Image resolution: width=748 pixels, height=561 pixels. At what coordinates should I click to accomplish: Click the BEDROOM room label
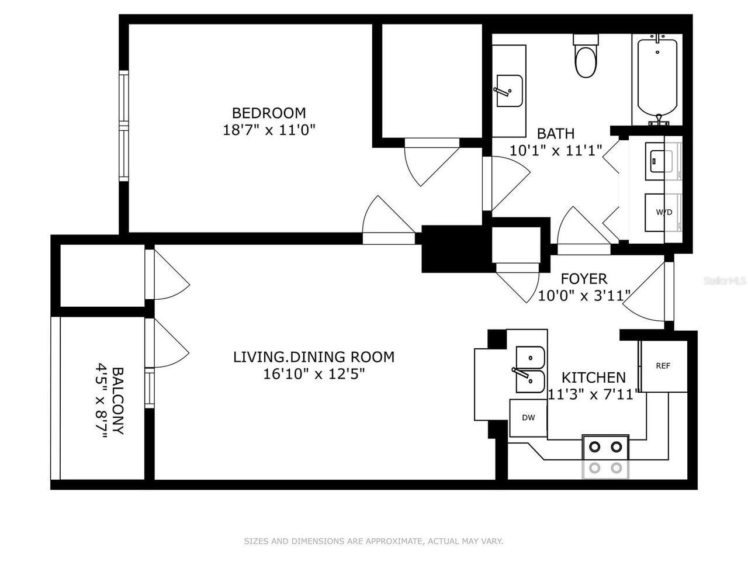click(269, 113)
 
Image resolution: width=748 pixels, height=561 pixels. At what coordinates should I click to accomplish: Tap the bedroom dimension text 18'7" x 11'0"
click(269, 130)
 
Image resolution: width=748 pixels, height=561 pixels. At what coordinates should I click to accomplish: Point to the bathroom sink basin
click(509, 91)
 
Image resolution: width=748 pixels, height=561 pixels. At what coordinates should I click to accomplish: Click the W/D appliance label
click(663, 212)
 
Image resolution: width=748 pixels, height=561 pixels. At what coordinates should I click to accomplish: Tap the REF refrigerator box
click(663, 366)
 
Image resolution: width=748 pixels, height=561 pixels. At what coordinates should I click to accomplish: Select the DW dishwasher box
click(528, 417)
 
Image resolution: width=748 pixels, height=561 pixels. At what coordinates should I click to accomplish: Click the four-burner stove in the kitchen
click(605, 457)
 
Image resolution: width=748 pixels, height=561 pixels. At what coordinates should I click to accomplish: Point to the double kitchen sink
click(529, 370)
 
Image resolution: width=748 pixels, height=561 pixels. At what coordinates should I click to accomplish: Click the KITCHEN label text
click(593, 378)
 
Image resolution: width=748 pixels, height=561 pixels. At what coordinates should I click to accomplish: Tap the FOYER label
click(584, 279)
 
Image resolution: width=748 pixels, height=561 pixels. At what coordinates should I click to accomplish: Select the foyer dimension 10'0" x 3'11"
click(581, 296)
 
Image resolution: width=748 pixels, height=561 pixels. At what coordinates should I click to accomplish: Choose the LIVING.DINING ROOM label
click(314, 356)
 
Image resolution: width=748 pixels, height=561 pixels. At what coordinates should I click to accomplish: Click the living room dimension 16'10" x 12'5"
click(314, 374)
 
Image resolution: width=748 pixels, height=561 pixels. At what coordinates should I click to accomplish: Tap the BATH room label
click(555, 133)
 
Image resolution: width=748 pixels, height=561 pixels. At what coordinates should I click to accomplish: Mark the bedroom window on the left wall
click(123, 126)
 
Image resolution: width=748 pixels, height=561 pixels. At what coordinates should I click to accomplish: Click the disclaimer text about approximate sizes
click(373, 542)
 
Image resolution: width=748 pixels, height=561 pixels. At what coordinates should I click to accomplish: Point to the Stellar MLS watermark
click(725, 281)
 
